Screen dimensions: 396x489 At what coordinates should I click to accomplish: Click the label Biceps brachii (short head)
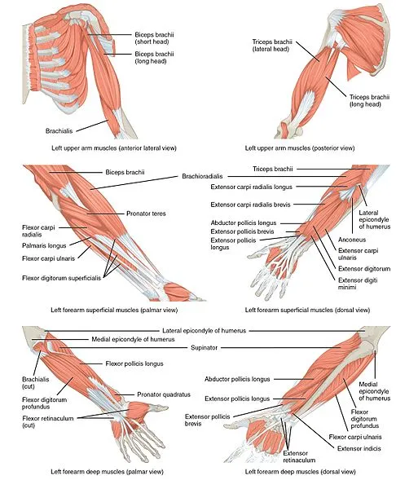(x=154, y=38)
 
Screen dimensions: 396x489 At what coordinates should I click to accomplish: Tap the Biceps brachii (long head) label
(x=154, y=58)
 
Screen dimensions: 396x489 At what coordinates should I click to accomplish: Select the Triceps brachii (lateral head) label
(x=272, y=45)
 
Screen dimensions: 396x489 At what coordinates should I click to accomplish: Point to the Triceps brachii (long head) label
(x=369, y=100)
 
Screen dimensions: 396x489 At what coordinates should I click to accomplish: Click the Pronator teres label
(x=146, y=214)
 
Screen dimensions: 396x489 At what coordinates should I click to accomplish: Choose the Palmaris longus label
(x=44, y=246)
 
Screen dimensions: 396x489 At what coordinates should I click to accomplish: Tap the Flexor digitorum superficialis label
(x=61, y=278)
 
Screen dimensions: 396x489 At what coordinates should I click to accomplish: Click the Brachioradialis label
(x=202, y=176)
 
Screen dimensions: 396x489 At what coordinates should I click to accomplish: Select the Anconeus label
(x=352, y=240)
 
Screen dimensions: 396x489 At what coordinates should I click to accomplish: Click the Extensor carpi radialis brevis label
(x=250, y=205)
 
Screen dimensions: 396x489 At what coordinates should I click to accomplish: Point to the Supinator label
(x=204, y=347)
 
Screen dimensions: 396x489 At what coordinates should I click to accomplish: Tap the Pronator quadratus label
(x=164, y=394)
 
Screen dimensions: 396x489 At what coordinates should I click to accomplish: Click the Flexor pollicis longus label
(x=134, y=363)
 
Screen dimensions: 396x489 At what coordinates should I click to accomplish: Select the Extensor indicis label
(x=359, y=448)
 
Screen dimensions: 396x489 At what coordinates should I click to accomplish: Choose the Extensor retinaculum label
(x=299, y=456)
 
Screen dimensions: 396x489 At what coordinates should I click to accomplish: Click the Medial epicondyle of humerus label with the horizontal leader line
(x=133, y=339)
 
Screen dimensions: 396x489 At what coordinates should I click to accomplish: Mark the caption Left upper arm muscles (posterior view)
(x=300, y=148)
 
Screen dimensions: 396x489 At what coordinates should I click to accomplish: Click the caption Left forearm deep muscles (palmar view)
(x=107, y=472)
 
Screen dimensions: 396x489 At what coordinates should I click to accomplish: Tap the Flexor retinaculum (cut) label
(x=48, y=421)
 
